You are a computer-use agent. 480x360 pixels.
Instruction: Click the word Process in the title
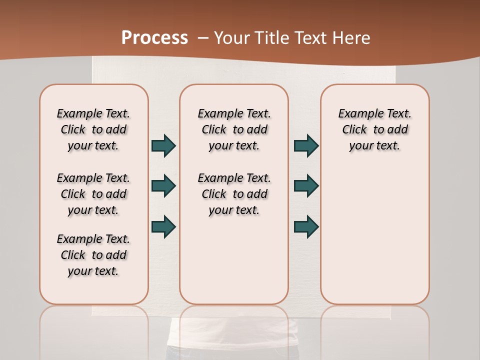(x=154, y=38)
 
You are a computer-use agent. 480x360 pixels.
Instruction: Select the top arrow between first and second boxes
(x=163, y=146)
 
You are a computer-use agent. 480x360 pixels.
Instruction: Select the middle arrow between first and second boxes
(x=163, y=186)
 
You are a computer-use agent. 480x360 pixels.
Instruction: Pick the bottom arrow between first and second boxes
(x=163, y=226)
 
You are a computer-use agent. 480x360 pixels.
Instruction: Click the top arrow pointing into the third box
(x=306, y=146)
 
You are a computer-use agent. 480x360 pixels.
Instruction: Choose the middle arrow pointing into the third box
(x=306, y=186)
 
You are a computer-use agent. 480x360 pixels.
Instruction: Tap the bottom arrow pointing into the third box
(x=306, y=226)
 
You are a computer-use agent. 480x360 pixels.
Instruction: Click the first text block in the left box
(x=93, y=129)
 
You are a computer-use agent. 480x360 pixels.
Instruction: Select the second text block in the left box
(x=93, y=194)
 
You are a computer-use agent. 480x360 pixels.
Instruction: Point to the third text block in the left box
(x=93, y=255)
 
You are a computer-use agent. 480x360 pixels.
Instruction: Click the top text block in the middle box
(x=234, y=129)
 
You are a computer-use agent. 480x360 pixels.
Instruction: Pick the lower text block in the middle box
(x=234, y=194)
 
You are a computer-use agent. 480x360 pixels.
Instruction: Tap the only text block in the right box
(x=374, y=129)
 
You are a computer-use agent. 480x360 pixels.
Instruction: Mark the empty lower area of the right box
(x=374, y=235)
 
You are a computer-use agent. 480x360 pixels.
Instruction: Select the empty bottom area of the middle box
(x=234, y=265)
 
